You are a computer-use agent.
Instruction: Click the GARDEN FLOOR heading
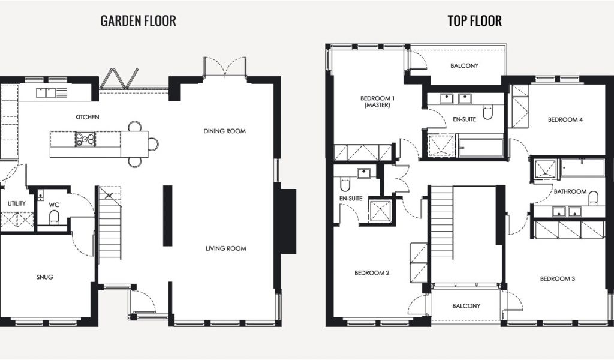click(139, 21)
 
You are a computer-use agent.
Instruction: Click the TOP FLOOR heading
click(475, 21)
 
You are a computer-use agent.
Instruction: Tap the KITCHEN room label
click(87, 117)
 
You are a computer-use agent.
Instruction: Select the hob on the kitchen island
click(85, 139)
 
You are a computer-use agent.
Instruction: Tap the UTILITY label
click(16, 203)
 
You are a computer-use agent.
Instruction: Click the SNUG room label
click(44, 277)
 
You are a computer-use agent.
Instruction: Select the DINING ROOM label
click(225, 131)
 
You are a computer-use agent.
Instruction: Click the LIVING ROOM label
click(226, 248)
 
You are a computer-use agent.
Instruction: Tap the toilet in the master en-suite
click(487, 112)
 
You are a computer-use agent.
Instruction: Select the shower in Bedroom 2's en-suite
click(380, 211)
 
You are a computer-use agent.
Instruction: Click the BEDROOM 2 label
click(372, 272)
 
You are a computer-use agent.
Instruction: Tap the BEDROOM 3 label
click(557, 278)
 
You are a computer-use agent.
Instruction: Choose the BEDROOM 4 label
click(565, 119)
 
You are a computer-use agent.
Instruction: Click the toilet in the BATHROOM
click(594, 198)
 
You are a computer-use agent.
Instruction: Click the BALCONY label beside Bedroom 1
click(464, 66)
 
